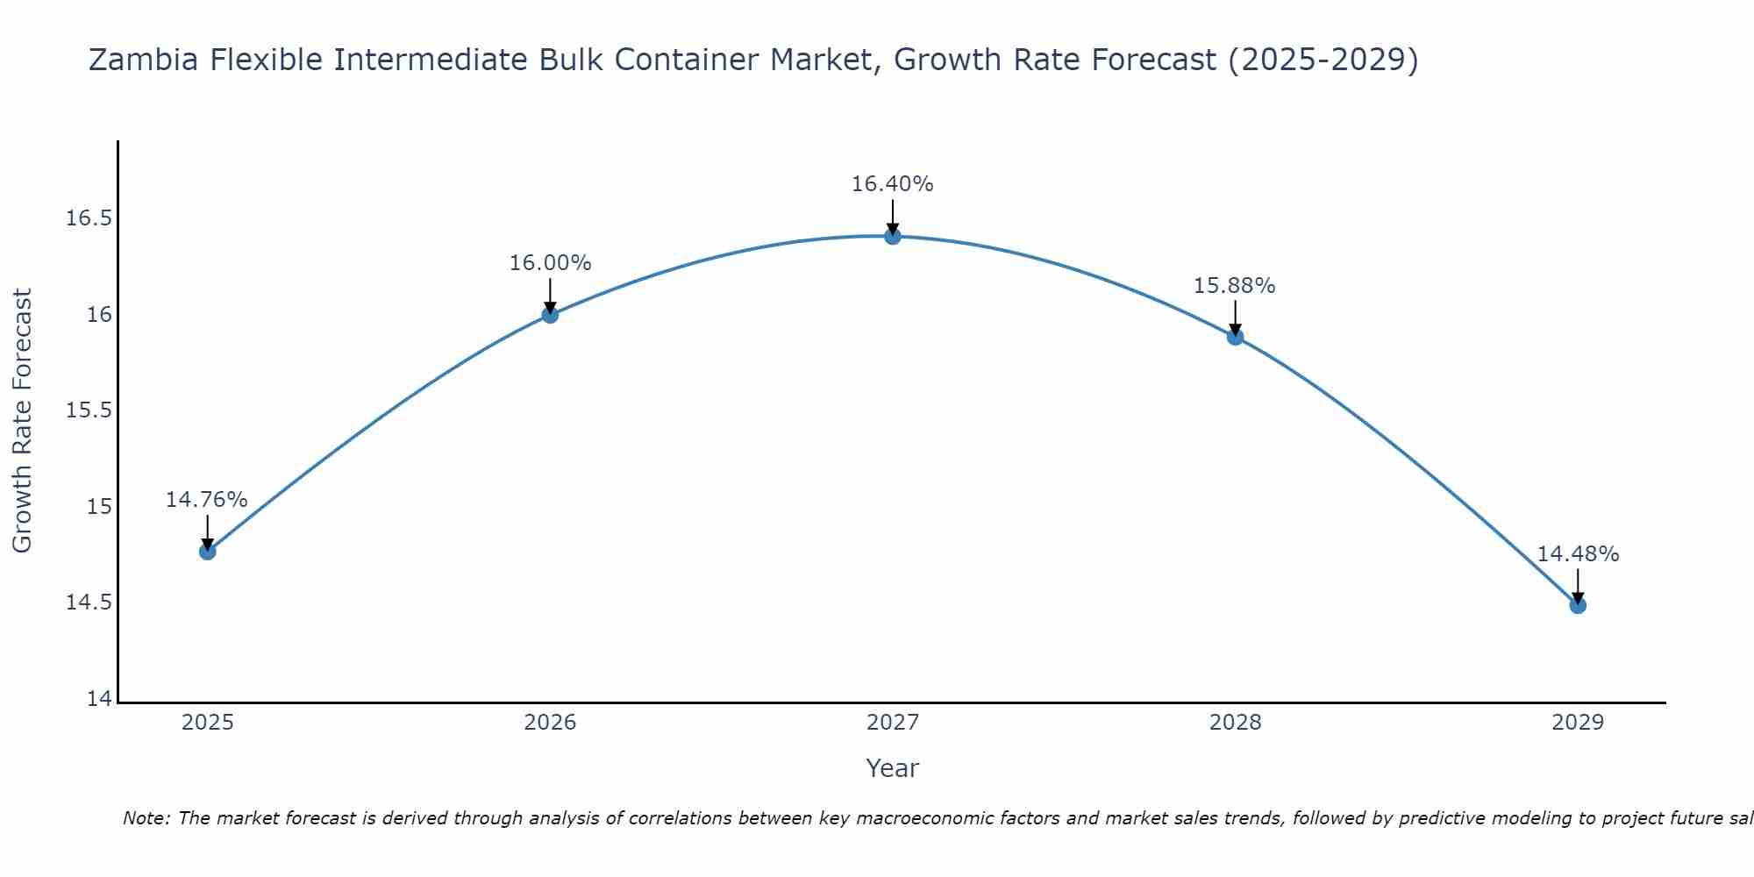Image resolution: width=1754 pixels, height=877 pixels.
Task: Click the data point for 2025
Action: (x=208, y=552)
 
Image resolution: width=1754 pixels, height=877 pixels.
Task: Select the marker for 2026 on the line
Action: (x=550, y=315)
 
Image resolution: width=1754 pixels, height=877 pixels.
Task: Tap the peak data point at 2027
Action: (x=893, y=236)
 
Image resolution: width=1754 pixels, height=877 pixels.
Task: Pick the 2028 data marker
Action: (x=1235, y=337)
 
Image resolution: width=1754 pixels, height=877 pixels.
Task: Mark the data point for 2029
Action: (x=1578, y=605)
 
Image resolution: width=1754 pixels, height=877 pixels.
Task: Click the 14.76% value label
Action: (x=207, y=500)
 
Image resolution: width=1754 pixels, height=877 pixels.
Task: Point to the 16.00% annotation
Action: (x=551, y=263)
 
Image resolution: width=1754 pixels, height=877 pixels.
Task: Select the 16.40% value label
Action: (x=893, y=184)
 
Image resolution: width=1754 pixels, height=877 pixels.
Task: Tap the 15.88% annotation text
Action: (x=1235, y=286)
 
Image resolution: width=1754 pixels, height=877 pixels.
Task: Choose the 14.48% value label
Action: (x=1578, y=554)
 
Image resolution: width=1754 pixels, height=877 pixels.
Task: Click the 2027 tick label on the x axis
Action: (x=893, y=723)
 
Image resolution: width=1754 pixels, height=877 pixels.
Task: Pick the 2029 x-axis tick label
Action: (x=1578, y=723)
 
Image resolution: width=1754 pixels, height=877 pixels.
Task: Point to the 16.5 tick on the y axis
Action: (x=89, y=218)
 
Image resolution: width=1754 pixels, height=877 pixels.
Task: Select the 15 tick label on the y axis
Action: (x=100, y=507)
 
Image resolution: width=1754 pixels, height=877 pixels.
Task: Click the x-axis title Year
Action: (x=893, y=768)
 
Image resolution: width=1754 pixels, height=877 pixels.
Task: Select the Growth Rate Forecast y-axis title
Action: (x=22, y=421)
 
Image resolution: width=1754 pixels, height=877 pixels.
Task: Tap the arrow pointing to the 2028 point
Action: (x=1235, y=317)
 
